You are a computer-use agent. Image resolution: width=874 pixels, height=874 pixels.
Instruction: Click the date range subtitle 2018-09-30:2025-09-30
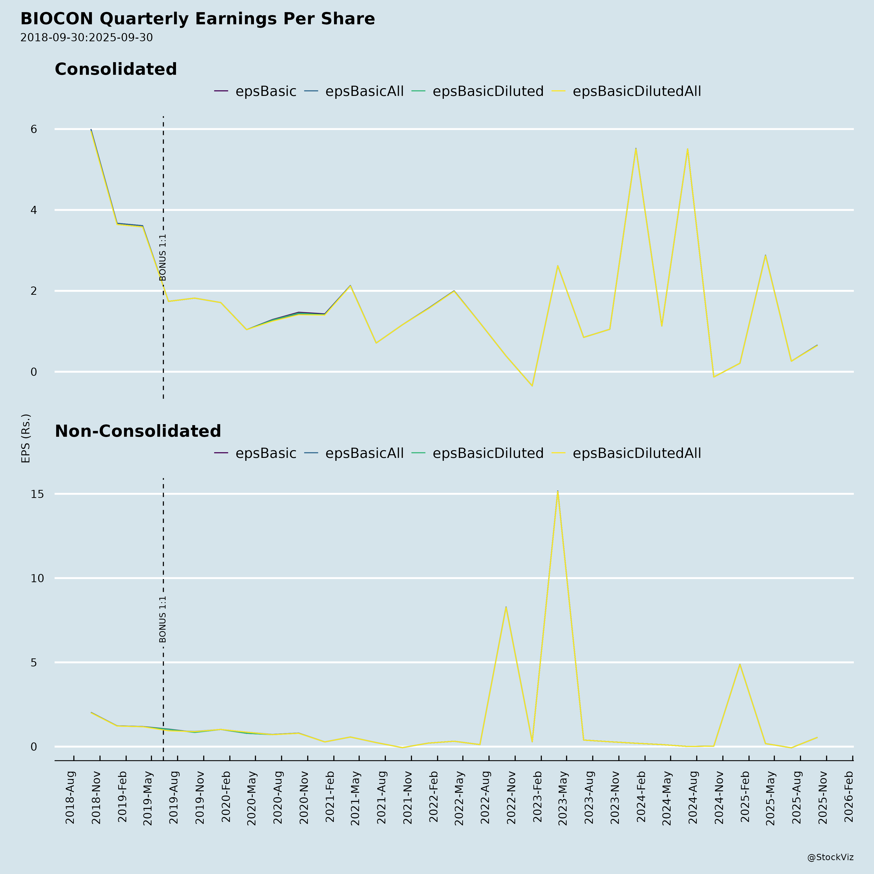tap(86, 38)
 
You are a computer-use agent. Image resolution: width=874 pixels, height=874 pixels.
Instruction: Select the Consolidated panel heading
tap(116, 69)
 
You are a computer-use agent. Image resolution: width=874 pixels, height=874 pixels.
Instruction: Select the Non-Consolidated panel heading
tap(138, 431)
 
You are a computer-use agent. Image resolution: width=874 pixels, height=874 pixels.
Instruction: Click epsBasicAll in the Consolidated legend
tap(364, 91)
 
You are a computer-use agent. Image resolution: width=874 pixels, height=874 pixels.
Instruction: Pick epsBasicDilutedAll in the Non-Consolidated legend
tap(637, 453)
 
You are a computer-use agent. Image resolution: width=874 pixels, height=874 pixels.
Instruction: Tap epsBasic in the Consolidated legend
tap(266, 91)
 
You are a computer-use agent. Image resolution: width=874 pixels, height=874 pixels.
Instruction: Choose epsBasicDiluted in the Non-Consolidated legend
tap(488, 453)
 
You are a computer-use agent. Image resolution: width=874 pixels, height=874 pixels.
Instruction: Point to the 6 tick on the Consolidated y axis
tap(34, 129)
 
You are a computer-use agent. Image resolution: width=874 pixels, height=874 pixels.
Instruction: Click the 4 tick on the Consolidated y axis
tap(34, 210)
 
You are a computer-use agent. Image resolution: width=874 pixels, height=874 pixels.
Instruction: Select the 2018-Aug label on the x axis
tap(70, 798)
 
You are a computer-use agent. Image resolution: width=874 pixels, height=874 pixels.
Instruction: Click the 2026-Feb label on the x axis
tap(849, 798)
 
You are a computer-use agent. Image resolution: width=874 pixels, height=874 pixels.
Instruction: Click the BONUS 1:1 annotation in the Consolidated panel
tap(163, 257)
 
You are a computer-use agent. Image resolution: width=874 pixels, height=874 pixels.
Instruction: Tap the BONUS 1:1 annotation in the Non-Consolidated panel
tap(163, 619)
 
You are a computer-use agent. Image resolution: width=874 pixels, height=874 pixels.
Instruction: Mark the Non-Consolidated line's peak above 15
tap(558, 491)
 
